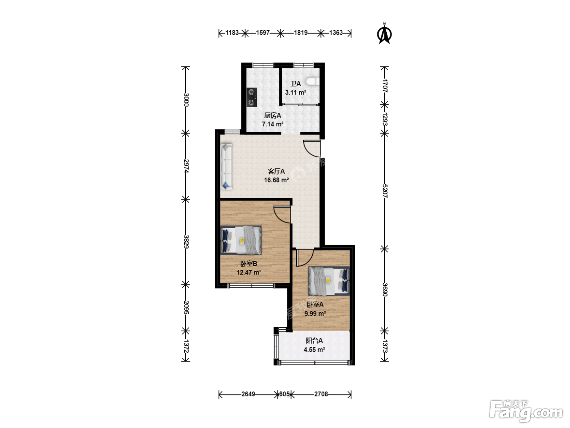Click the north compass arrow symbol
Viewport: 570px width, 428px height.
coord(384,34)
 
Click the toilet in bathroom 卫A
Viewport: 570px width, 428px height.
coord(312,82)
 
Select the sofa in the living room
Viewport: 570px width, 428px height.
coord(226,167)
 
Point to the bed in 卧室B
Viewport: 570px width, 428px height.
coord(241,240)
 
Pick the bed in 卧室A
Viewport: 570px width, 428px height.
coord(329,281)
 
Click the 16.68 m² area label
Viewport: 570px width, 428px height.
coord(276,180)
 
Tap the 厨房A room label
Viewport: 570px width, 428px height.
coord(272,115)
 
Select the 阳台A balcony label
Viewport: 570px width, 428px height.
coord(314,340)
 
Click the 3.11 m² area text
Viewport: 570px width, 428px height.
coord(296,92)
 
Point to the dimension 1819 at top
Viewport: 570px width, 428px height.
coord(301,33)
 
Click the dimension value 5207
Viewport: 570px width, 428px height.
coord(385,191)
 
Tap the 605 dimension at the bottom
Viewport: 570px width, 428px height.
coord(284,394)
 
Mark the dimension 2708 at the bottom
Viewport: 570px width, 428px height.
coord(321,394)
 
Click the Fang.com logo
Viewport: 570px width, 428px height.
coord(526,411)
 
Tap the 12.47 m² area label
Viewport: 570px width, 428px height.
coord(249,272)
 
